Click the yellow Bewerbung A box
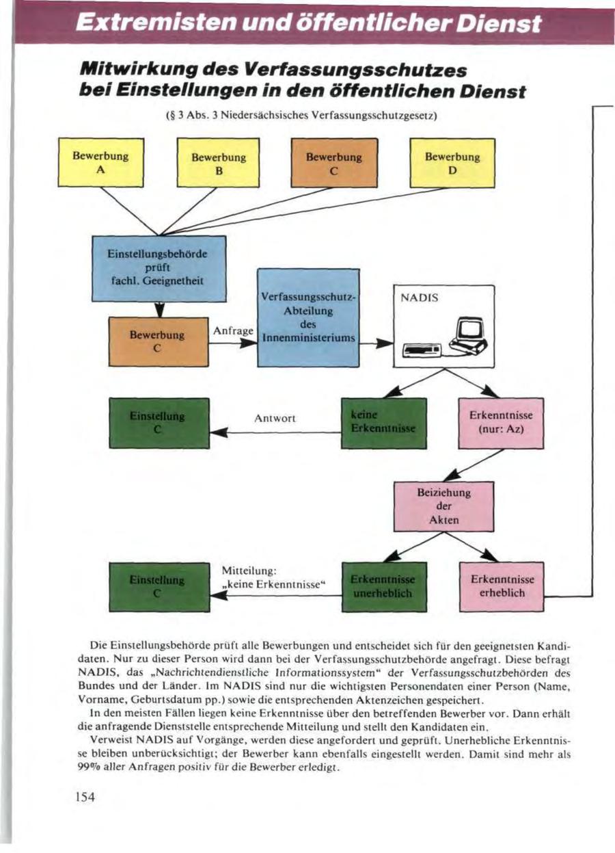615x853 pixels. (100, 162)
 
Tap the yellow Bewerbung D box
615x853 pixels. (452, 163)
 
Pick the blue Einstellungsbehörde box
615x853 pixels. (159, 268)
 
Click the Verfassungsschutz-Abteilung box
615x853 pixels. (308, 317)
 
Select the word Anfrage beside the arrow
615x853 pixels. (233, 330)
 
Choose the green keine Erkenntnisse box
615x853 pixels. (383, 422)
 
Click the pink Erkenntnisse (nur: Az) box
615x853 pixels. (500, 422)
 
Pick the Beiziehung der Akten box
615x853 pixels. (443, 506)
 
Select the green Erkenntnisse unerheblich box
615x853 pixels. (383, 586)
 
